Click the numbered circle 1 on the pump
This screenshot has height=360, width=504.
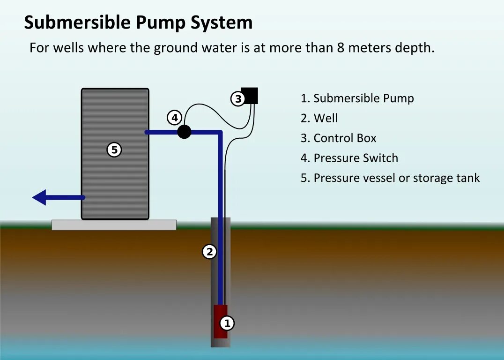coord(227,323)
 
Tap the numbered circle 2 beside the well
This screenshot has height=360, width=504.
coord(209,252)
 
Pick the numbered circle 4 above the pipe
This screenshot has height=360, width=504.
coord(175,118)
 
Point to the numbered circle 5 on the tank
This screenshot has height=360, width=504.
coord(114,150)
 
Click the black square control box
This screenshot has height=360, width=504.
coord(250,95)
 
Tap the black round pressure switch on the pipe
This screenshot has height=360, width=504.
coord(185,132)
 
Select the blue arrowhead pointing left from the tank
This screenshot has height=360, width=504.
coord(40,197)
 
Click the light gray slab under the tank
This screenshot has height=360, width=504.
coord(114,225)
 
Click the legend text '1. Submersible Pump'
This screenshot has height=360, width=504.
coord(357,98)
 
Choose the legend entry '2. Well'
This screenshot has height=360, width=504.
coord(319,118)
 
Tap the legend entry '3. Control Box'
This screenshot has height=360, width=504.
coord(338,138)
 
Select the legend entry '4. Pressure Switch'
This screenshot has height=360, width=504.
coord(349,158)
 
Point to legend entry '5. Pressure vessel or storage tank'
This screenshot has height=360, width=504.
coord(390,178)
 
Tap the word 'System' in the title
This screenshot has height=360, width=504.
coord(221,22)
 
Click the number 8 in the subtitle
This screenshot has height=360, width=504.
coord(341,48)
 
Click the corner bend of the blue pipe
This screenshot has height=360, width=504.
coord(219,133)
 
